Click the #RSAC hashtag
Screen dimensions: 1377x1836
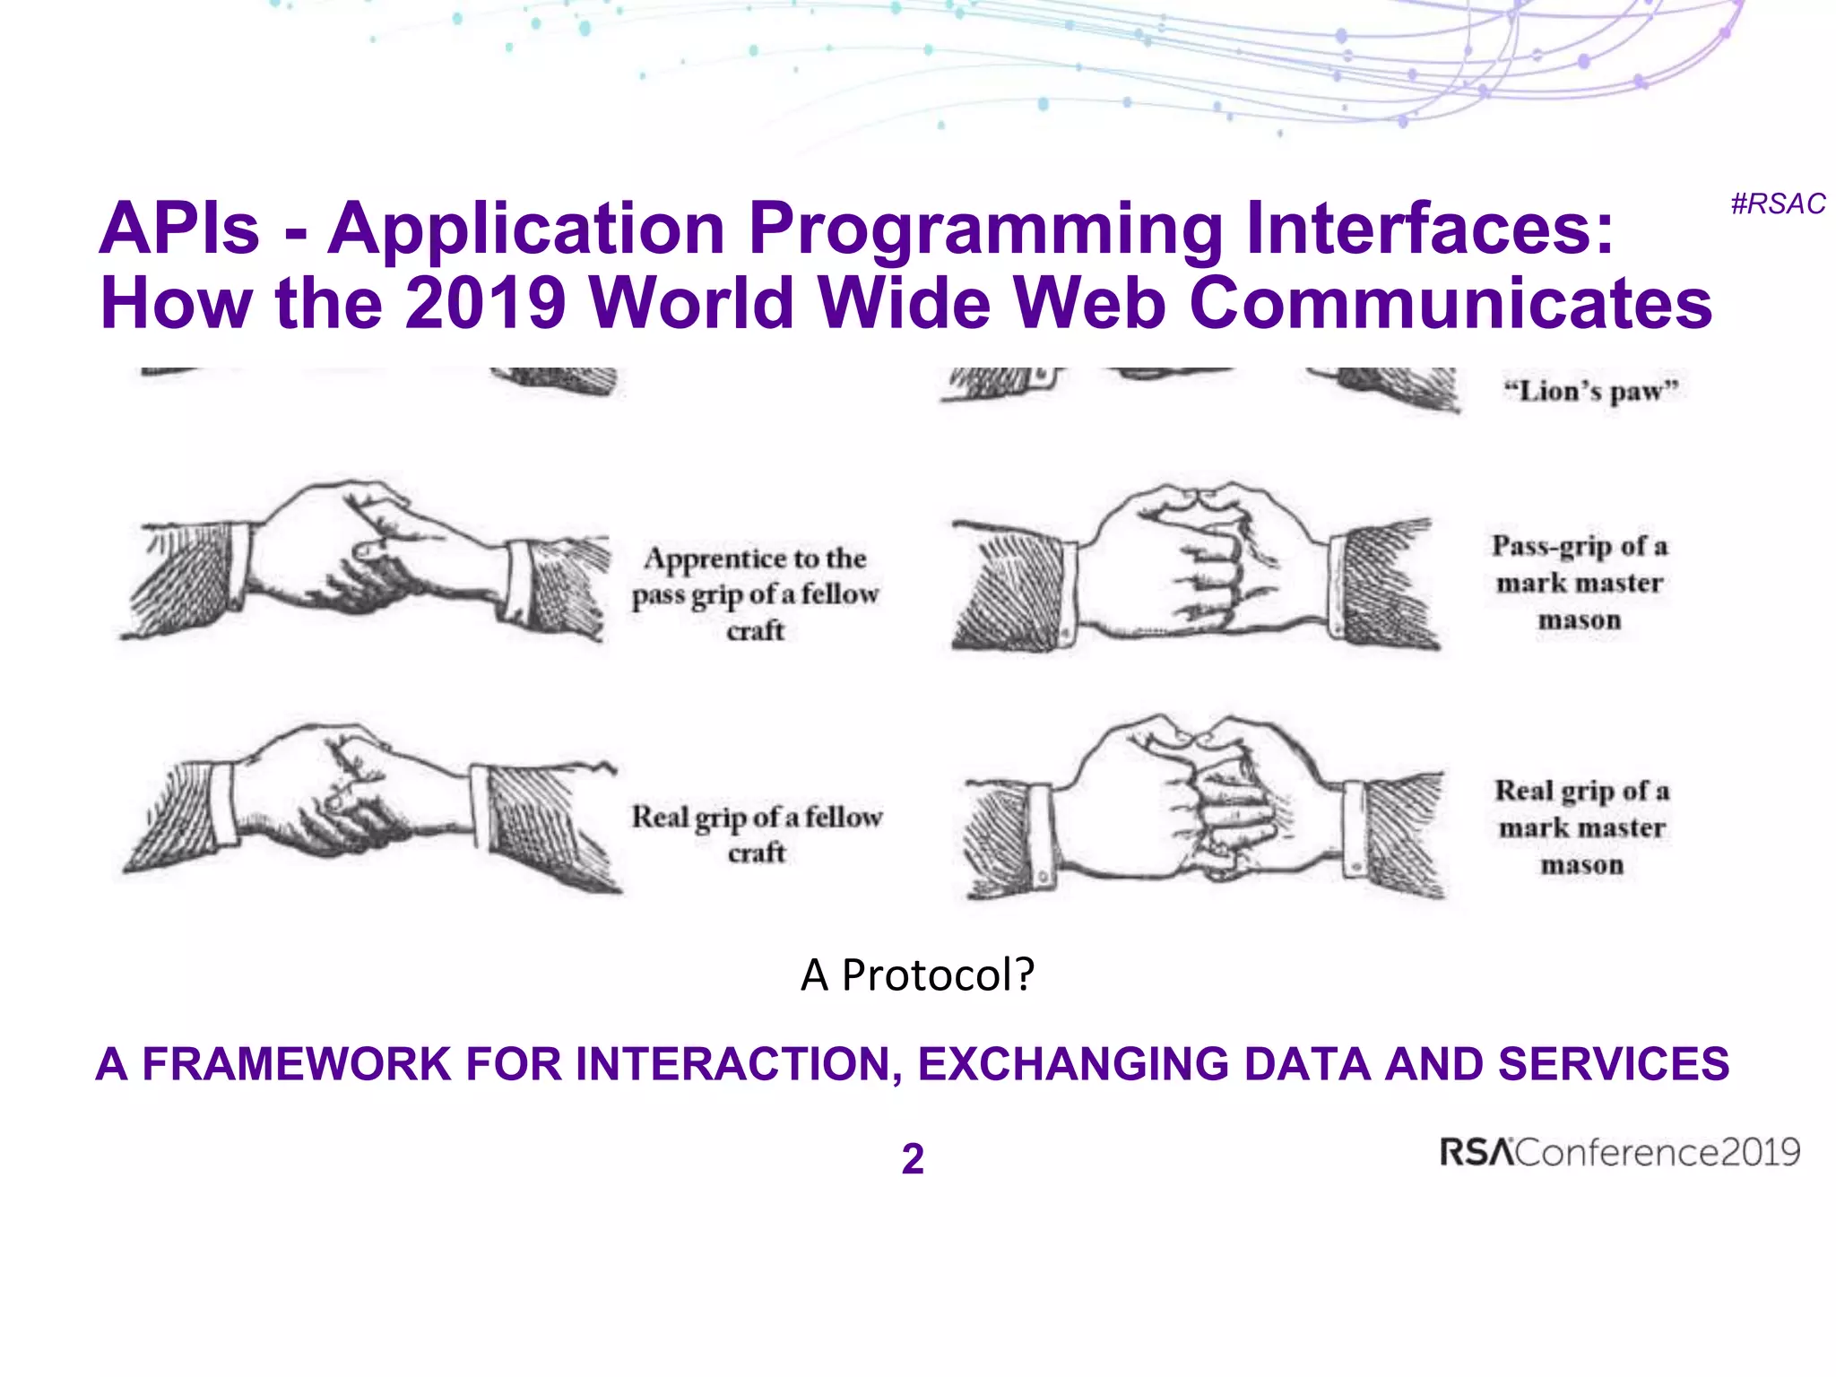click(x=1777, y=204)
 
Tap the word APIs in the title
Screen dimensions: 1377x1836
click(x=179, y=229)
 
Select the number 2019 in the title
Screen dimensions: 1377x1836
click(x=485, y=303)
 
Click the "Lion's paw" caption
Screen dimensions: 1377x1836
click(x=1590, y=392)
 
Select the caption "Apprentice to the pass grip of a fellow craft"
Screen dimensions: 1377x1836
click(x=755, y=593)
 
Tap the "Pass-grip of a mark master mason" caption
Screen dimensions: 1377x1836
click(x=1580, y=583)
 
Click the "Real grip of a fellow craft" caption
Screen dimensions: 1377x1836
click(x=757, y=834)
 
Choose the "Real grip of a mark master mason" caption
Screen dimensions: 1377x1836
click(x=1581, y=827)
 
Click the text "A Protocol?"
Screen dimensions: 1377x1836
click(x=917, y=974)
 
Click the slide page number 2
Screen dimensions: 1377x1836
click(x=913, y=1158)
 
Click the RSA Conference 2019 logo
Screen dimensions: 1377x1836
click(x=1619, y=1152)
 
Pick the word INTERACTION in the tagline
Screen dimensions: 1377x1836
click(x=739, y=1064)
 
